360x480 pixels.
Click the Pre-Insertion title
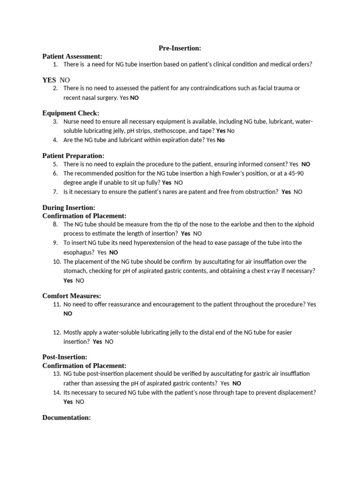click(180, 48)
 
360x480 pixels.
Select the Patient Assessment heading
click(72, 56)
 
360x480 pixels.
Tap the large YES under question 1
click(49, 80)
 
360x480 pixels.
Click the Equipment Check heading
click(71, 113)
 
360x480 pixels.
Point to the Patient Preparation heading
click(73, 156)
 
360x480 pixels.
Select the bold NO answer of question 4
click(221, 140)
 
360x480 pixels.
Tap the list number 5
click(55, 164)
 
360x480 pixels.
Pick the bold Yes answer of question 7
click(286, 192)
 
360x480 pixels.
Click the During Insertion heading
click(69, 207)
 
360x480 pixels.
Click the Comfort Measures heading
click(72, 296)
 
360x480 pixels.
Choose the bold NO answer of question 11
click(68, 314)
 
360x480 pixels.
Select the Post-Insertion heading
click(65, 357)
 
